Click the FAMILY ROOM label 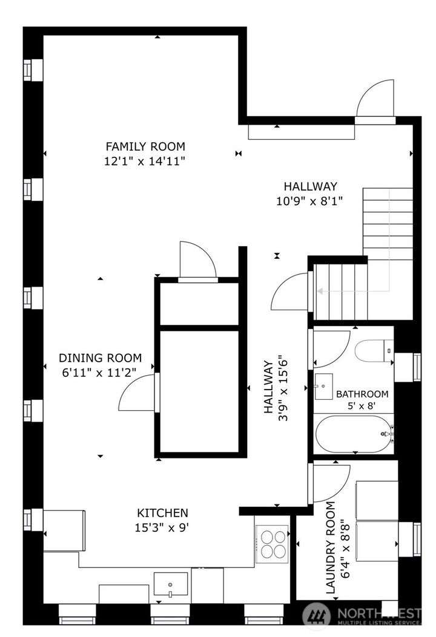coord(145,146)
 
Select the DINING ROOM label coord(100,358)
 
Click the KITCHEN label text coord(162,513)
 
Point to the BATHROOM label coord(362,394)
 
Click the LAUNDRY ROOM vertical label coord(331,547)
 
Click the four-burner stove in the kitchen coord(272,544)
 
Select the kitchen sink coord(170,585)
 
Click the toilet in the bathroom coord(374,351)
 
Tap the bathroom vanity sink coord(323,387)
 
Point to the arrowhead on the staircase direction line coord(320,292)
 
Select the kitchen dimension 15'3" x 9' coord(162,528)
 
